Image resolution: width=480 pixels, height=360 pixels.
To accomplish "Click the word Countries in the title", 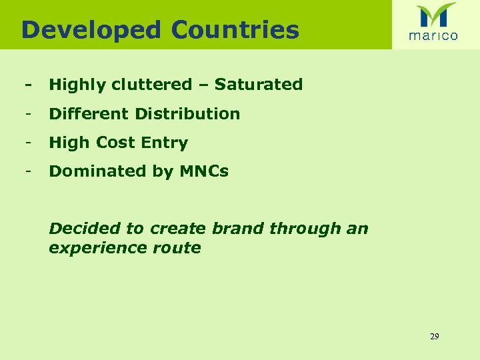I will click(x=235, y=30).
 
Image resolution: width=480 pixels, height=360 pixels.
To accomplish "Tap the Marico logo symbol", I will click(x=436, y=15).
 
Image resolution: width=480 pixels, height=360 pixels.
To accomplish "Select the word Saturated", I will click(x=259, y=85).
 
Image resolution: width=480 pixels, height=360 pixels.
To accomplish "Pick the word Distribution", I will click(x=187, y=114).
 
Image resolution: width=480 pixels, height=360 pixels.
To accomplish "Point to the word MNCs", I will click(x=204, y=171).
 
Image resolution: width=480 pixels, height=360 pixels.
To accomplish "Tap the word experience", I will click(x=96, y=248).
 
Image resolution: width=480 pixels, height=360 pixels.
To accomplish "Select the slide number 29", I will click(x=435, y=337).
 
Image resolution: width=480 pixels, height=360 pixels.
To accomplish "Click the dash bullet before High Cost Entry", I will click(x=28, y=143).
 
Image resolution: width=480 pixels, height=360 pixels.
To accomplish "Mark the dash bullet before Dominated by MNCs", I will click(x=28, y=171).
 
